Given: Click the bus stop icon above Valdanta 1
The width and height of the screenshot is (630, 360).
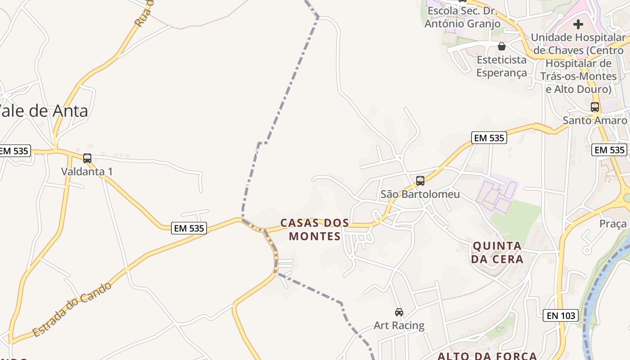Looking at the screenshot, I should pyautogui.click(x=87, y=158).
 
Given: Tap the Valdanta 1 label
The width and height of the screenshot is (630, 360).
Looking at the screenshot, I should pyautogui.click(x=87, y=171).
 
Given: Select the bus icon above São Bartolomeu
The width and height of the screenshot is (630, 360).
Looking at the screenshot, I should pyautogui.click(x=420, y=181).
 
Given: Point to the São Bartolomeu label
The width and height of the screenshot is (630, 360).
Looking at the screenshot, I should pyautogui.click(x=420, y=194).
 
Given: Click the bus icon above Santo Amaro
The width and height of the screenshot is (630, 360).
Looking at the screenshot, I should pyautogui.click(x=594, y=107).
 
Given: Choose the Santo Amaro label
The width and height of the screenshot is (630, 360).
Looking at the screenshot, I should pyautogui.click(x=594, y=120).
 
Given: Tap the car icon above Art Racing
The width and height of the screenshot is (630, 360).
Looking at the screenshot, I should pyautogui.click(x=399, y=312).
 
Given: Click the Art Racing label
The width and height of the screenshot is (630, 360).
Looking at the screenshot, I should pyautogui.click(x=399, y=325).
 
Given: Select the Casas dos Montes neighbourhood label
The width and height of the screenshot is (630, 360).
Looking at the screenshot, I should pyautogui.click(x=315, y=229).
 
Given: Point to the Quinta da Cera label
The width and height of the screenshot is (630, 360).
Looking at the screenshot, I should pyautogui.click(x=497, y=252).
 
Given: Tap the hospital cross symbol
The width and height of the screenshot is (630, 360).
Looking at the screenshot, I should pyautogui.click(x=578, y=24).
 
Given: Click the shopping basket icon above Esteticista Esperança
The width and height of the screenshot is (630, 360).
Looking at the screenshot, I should pyautogui.click(x=501, y=46).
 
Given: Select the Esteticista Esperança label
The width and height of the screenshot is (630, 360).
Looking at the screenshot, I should pyautogui.click(x=501, y=66).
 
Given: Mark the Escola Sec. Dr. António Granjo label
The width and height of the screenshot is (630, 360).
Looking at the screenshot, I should pyautogui.click(x=462, y=17).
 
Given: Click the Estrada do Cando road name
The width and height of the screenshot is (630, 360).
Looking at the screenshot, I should pyautogui.click(x=72, y=310).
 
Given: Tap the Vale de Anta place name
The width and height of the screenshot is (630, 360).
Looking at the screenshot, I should pyautogui.click(x=44, y=111).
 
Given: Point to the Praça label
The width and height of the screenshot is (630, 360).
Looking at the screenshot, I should pyautogui.click(x=613, y=224).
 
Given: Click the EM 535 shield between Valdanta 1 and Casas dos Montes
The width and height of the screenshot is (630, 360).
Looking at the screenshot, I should pyautogui.click(x=189, y=228).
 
